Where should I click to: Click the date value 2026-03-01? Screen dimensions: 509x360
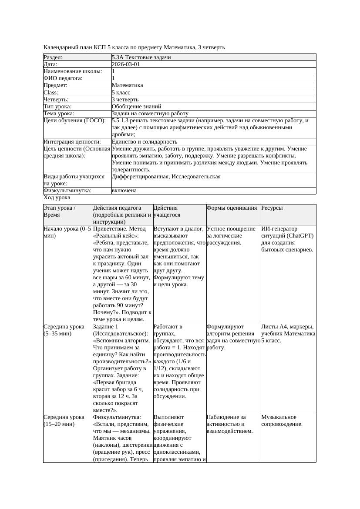click(x=126, y=64)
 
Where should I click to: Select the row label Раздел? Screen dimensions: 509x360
click(x=53, y=57)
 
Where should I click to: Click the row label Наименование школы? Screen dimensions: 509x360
click(x=73, y=71)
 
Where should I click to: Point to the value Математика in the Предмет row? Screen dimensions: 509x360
click(x=127, y=85)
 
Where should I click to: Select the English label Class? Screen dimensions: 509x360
click(x=51, y=92)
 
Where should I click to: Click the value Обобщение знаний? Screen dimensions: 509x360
click(x=136, y=106)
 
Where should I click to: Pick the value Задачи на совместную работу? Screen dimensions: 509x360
click(x=150, y=114)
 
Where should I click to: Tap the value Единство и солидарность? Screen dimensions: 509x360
click(x=144, y=142)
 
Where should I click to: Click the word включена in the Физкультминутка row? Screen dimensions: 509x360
click(x=124, y=191)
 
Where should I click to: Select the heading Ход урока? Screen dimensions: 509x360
click(x=57, y=198)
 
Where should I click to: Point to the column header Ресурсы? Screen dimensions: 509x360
click(x=272, y=208)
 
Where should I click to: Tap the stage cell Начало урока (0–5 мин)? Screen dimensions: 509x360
click(x=67, y=232)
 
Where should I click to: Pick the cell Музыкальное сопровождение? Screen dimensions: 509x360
click(x=282, y=421)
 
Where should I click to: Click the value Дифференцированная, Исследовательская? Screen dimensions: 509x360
click(x=166, y=177)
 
